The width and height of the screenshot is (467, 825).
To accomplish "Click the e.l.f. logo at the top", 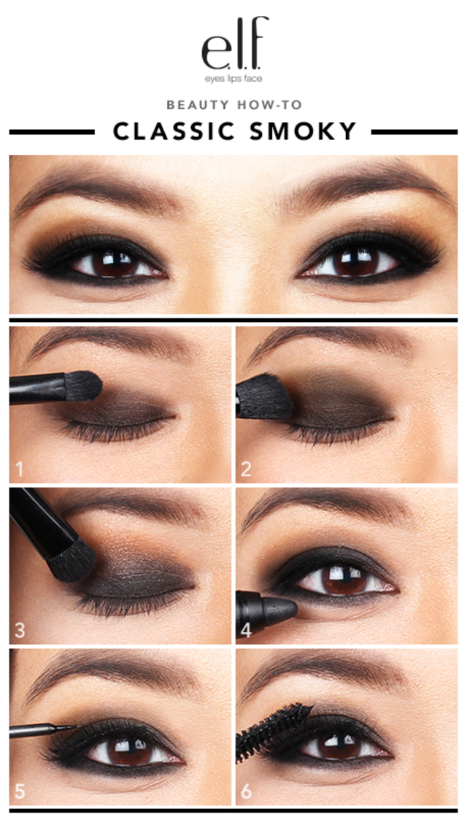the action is point(234,44).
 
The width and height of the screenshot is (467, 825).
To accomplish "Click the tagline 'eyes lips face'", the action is point(233,78).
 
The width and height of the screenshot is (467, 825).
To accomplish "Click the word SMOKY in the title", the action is point(304,131).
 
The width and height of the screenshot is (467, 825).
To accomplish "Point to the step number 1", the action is point(20,468).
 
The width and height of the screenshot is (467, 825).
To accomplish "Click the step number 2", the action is point(246,468).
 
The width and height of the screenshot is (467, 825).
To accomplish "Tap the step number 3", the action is point(20,630).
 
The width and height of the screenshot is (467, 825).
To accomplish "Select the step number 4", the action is point(246,630).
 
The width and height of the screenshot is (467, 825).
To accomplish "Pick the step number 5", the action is point(20,791).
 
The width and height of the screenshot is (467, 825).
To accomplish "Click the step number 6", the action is point(246,791).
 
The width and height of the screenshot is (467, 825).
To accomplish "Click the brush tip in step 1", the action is point(83,385).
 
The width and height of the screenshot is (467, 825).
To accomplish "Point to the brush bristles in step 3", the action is point(71,561).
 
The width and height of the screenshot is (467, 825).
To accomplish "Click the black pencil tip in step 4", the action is point(282,607).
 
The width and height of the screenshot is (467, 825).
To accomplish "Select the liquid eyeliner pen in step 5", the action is point(44,729).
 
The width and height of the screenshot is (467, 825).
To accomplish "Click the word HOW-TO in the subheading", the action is point(270,104).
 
